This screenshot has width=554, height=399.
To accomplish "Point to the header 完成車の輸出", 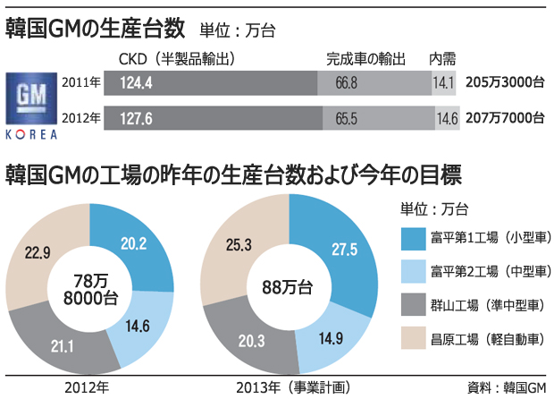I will tap(365, 59).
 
